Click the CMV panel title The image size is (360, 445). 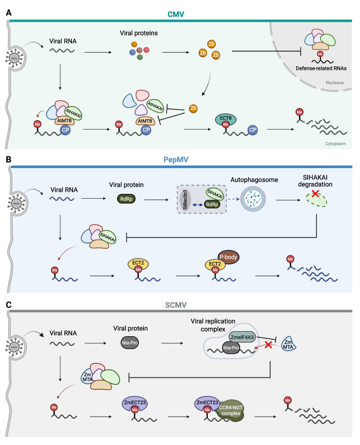coord(175,14)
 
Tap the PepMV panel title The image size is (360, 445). coord(175,159)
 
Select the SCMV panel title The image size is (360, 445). coord(175,305)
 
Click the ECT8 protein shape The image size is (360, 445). coord(225,120)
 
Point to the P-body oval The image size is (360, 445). coord(229,257)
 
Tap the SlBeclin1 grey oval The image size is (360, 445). coord(185,200)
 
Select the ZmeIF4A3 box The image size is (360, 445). coord(242,337)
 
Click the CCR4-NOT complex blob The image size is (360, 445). coord(230,411)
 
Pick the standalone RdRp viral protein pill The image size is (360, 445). coord(126,199)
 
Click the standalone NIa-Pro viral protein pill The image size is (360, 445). coord(130,343)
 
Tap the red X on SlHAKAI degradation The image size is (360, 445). coord(315,194)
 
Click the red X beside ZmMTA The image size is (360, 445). coord(268,345)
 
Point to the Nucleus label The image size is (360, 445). coord(335,82)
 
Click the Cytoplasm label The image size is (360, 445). coord(335,144)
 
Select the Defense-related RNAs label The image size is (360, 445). coord(321,68)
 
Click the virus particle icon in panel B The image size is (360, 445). coord(17,203)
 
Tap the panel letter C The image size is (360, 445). coord(9,305)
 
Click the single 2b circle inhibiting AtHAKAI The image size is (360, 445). coord(193,108)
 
